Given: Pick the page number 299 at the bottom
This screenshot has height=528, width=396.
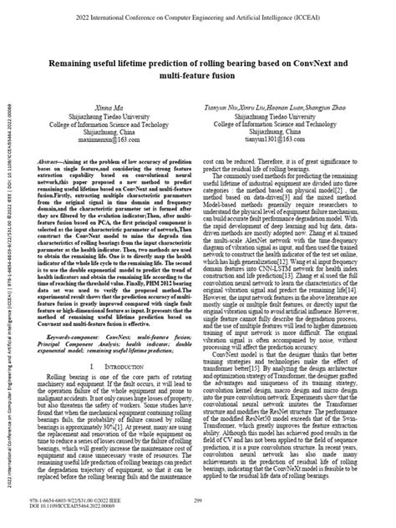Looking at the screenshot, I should (199, 500).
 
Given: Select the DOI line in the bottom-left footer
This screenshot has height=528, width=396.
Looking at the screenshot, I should (72, 506).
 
